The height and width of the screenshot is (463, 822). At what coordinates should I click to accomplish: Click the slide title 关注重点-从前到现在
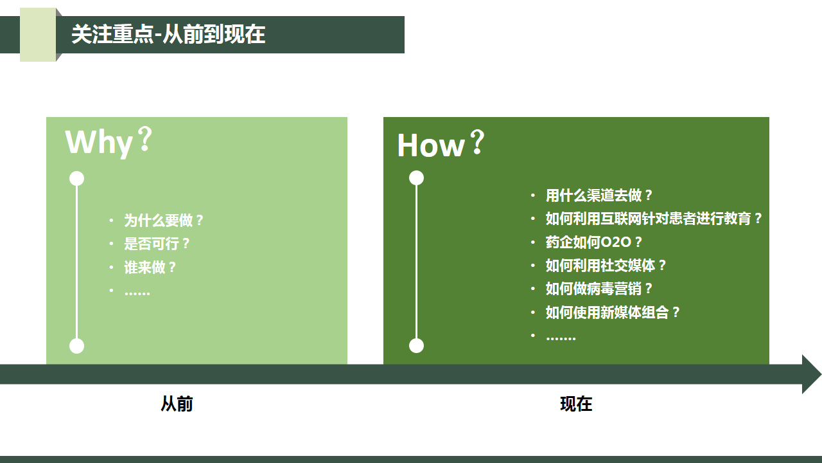pyautogui.click(x=168, y=35)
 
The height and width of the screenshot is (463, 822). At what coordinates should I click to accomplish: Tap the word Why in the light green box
pyautogui.click(x=99, y=143)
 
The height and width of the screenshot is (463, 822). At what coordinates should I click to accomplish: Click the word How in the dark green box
pyautogui.click(x=431, y=146)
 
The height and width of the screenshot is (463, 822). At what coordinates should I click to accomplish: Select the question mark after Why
pyautogui.click(x=146, y=139)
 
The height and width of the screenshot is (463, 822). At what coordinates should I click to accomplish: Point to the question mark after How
pyautogui.click(x=478, y=141)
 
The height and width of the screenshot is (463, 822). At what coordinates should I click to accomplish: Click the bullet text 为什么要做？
pyautogui.click(x=164, y=221)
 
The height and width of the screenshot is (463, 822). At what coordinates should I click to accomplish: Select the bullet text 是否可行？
pyautogui.click(x=157, y=244)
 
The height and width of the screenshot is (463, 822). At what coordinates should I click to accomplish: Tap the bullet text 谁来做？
pyautogui.click(x=150, y=267)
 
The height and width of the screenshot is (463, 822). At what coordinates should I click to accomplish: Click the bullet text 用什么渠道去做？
pyautogui.click(x=599, y=195)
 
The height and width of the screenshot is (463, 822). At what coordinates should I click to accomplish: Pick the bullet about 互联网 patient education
pyautogui.click(x=654, y=219)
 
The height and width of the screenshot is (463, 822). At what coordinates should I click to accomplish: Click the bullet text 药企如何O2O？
pyautogui.click(x=594, y=242)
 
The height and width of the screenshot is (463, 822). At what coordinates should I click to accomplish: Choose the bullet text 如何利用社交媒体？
pyautogui.click(x=606, y=266)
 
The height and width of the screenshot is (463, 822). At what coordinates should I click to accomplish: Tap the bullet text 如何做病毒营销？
pyautogui.click(x=599, y=289)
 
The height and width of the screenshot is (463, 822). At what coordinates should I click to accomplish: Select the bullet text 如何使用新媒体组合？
pyautogui.click(x=613, y=313)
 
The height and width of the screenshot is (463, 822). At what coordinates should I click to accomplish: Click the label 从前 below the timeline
pyautogui.click(x=177, y=404)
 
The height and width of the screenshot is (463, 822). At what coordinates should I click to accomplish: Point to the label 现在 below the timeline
pyautogui.click(x=576, y=404)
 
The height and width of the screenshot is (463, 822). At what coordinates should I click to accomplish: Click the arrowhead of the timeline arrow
pyautogui.click(x=812, y=374)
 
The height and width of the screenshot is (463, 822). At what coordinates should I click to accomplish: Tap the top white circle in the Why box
pyautogui.click(x=76, y=179)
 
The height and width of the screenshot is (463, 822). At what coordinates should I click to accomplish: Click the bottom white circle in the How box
pyautogui.click(x=417, y=346)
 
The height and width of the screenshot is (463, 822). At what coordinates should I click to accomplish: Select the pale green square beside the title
pyautogui.click(x=38, y=35)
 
